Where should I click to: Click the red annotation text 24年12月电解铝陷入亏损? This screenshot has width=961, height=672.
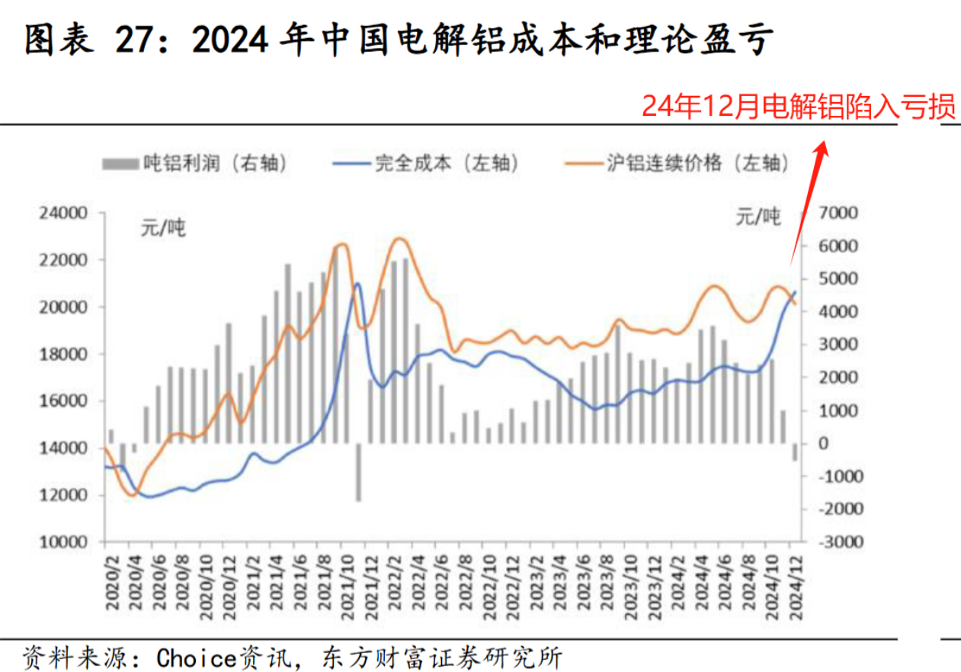(x=798, y=107)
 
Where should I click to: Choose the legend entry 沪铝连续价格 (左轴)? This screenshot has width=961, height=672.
(x=677, y=163)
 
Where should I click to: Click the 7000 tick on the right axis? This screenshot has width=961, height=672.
(x=837, y=213)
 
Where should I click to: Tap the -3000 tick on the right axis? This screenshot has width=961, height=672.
(x=837, y=542)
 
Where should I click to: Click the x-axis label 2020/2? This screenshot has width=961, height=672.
(x=111, y=582)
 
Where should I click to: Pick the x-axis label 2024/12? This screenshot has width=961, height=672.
(x=796, y=582)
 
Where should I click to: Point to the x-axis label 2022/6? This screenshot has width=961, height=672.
(x=440, y=582)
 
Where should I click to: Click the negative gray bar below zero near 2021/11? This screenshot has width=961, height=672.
(x=358, y=472)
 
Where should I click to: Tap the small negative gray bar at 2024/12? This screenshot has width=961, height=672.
(x=795, y=452)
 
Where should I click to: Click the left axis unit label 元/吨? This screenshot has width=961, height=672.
(x=162, y=226)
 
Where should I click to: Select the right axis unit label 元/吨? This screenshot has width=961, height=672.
(x=758, y=217)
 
